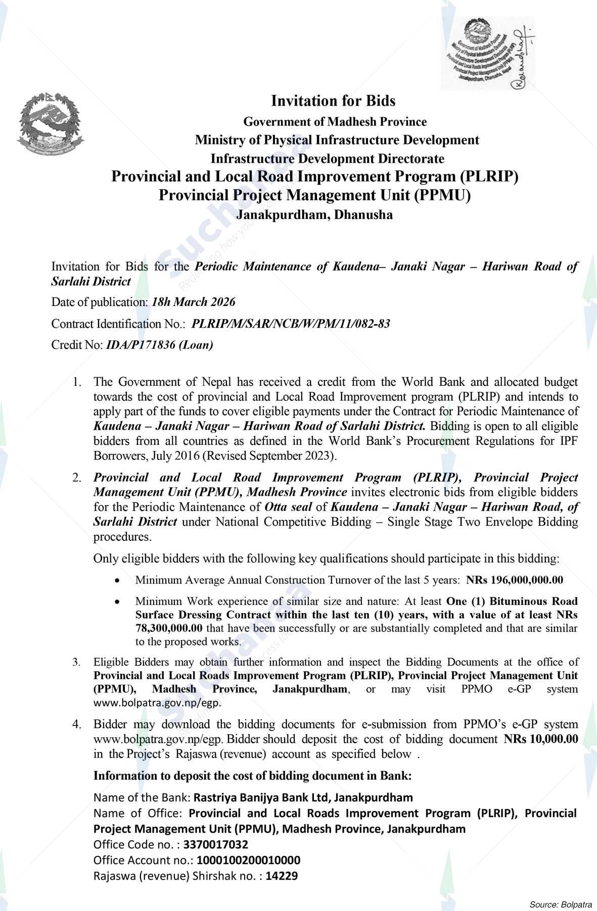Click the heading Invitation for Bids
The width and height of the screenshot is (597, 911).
pyautogui.click(x=333, y=101)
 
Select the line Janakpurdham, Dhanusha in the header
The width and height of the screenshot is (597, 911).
pyautogui.click(x=314, y=215)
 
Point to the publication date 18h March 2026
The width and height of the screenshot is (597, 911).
pyautogui.click(x=194, y=302)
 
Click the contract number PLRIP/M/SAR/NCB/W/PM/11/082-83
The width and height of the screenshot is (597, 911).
pyautogui.click(x=291, y=324)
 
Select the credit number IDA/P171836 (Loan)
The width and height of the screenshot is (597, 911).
pyautogui.click(x=159, y=345)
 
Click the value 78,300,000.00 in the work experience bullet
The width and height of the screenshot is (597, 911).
pyautogui.click(x=169, y=628)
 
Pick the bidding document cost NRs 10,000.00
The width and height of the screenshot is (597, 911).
pyautogui.click(x=540, y=739)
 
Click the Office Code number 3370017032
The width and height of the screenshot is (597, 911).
pyautogui.click(x=216, y=844)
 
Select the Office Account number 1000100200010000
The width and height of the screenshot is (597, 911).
pyautogui.click(x=248, y=860)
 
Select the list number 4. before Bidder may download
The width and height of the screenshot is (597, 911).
pyautogui.click(x=76, y=724)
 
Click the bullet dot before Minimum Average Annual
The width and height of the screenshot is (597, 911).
pyautogui.click(x=117, y=581)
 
